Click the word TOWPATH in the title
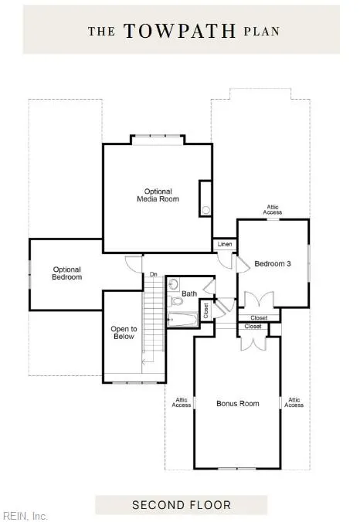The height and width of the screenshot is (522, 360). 180,31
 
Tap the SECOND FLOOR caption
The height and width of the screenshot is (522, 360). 182,505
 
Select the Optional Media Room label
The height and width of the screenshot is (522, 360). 158,195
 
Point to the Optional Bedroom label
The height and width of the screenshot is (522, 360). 67,273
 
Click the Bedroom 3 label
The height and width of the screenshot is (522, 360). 273,263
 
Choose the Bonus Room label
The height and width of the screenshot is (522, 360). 238,404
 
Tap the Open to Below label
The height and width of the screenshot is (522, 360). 124,333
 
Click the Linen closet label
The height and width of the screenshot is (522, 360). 225,244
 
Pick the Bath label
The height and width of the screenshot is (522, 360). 189,293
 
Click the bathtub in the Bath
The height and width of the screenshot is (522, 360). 183,320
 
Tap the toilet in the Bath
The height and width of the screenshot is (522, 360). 175,301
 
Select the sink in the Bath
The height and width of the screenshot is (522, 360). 173,284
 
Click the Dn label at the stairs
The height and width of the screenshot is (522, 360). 153,274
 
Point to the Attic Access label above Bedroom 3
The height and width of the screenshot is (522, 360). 273,210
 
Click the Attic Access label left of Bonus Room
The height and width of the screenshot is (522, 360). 182,402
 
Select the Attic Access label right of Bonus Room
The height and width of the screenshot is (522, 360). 294,402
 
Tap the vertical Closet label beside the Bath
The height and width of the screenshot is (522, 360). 205,310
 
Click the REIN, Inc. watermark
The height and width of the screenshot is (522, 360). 24,516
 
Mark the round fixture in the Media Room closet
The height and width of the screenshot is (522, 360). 206,210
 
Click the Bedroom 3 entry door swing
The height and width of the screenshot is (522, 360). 243,265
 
